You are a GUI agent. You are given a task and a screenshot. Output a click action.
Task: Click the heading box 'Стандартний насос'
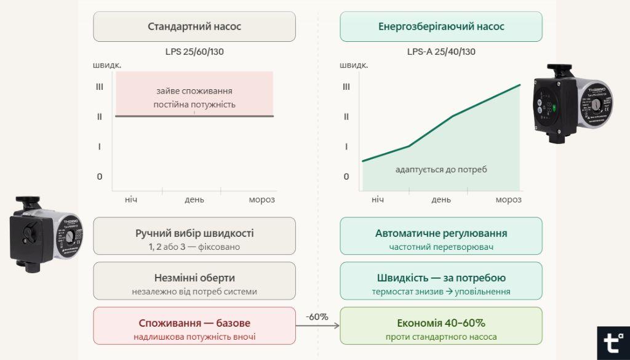point(194,26)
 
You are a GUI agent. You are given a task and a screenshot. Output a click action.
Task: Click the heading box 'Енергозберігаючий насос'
point(441,26)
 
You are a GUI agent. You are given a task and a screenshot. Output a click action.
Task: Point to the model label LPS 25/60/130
point(194,52)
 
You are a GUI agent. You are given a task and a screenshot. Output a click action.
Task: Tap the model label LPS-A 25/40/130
point(441,52)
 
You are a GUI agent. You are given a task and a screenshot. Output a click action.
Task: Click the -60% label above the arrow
point(317,317)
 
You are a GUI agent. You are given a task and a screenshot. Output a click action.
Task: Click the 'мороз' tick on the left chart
point(262,199)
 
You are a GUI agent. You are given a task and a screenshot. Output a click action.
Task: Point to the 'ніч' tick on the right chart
point(377,199)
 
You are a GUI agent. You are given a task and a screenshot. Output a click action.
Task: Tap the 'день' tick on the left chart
point(194,199)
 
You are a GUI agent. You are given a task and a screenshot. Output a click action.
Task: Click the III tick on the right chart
point(347,87)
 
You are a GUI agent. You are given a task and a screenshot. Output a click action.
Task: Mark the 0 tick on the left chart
point(100,177)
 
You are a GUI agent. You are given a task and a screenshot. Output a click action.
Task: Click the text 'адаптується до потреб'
point(441,169)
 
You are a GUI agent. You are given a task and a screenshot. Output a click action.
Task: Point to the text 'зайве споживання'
point(194,92)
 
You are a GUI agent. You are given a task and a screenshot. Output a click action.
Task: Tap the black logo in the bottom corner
point(613,343)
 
